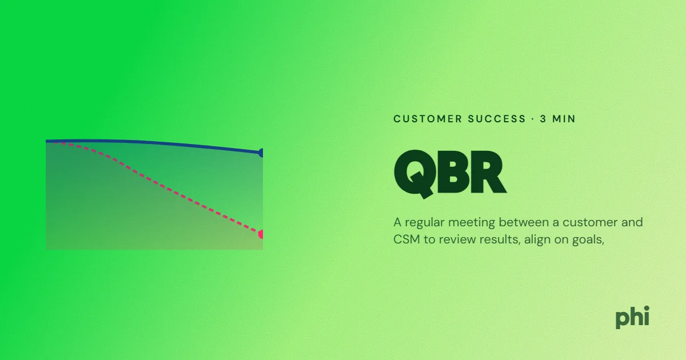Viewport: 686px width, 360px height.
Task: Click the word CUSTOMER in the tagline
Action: (428, 119)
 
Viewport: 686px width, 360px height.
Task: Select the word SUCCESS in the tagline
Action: (497, 119)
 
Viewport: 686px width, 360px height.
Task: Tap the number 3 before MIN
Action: (543, 119)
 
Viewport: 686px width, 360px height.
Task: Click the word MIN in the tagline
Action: (564, 119)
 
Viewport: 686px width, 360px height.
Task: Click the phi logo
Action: (632, 318)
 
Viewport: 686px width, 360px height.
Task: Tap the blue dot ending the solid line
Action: (261, 153)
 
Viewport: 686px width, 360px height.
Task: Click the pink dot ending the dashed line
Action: (261, 234)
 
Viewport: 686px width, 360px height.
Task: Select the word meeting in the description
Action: (471, 223)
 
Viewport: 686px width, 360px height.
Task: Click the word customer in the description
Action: (585, 222)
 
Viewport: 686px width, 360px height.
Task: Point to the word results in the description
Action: (500, 239)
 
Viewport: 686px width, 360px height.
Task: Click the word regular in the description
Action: (424, 223)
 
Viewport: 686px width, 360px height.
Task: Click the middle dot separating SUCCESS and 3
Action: (533, 119)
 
